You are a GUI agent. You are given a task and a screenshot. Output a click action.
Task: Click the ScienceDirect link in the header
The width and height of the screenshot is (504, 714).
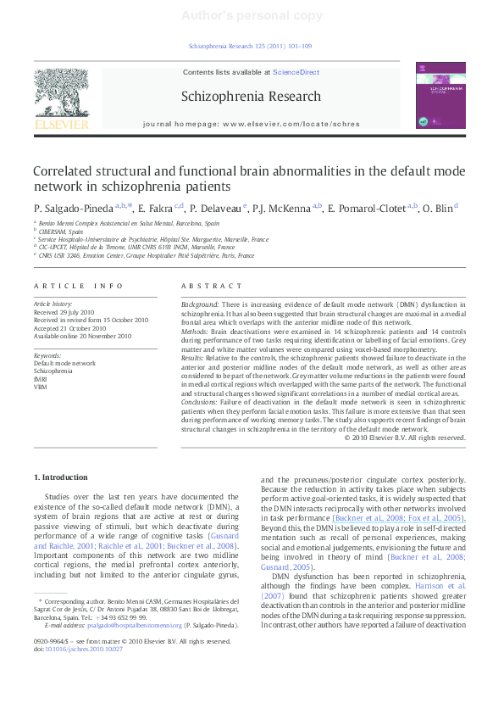point(296,73)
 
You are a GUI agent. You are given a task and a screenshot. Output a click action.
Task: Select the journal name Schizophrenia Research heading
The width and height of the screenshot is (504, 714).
point(251,97)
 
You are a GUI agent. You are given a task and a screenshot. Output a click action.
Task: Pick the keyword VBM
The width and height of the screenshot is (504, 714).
point(40,387)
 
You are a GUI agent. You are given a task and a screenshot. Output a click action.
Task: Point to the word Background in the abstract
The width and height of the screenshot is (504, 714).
point(201,303)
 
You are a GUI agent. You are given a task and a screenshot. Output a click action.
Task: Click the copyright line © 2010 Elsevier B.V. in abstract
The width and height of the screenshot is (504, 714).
point(405,438)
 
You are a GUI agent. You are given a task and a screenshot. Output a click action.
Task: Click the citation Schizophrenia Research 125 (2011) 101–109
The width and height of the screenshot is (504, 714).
point(251,47)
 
